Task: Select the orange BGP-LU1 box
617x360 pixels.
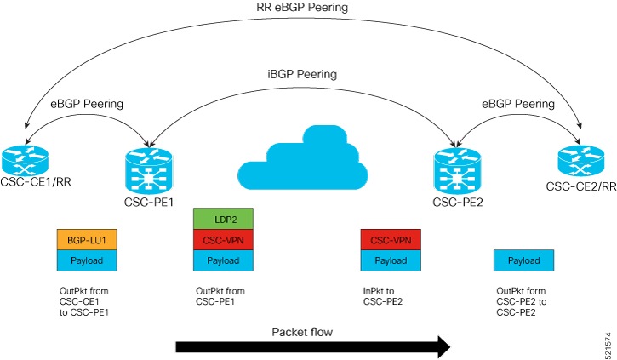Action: point(86,239)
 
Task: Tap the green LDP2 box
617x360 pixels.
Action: point(224,219)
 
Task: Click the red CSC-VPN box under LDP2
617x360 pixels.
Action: point(224,239)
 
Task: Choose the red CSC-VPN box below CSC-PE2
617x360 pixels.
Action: point(391,239)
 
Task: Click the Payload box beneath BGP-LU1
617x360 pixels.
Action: point(86,259)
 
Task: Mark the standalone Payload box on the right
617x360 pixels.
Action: point(524,259)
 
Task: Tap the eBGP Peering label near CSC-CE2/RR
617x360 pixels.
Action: point(519,104)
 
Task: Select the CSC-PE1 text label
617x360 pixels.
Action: point(150,202)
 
